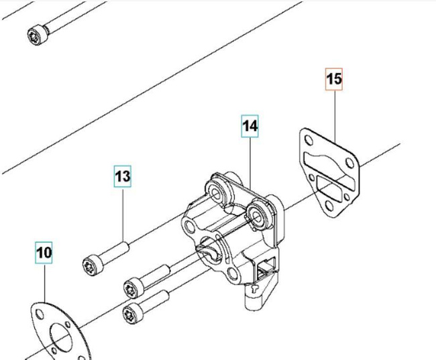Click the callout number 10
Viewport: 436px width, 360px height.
[x=44, y=253]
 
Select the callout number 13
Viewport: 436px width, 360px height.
[x=121, y=176]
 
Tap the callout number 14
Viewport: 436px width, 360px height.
[x=250, y=125]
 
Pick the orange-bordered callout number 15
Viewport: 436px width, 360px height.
[x=334, y=79]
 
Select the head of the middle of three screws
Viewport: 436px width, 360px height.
[x=131, y=288]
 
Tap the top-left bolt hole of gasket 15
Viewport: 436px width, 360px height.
[x=307, y=141]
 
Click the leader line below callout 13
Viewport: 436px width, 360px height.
[x=123, y=215]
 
